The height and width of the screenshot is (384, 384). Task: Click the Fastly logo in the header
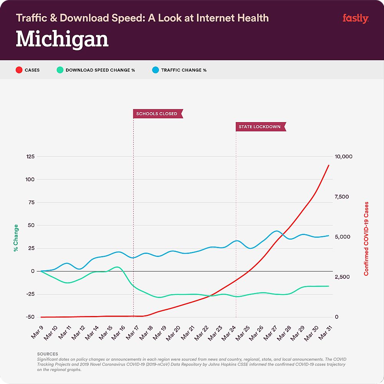[355, 18]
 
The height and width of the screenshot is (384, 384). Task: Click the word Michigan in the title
[62, 40]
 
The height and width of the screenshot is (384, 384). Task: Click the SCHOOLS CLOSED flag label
[157, 114]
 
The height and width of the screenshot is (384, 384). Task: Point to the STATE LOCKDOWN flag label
[260, 127]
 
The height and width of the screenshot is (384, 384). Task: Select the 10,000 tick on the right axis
[344, 157]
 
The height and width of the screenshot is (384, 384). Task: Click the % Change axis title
[16, 238]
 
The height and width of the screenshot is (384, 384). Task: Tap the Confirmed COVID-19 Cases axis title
[366, 238]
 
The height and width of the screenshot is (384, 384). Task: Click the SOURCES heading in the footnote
[48, 354]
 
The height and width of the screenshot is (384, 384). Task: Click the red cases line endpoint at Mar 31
[329, 165]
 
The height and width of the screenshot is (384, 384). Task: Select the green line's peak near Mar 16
[118, 267]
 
